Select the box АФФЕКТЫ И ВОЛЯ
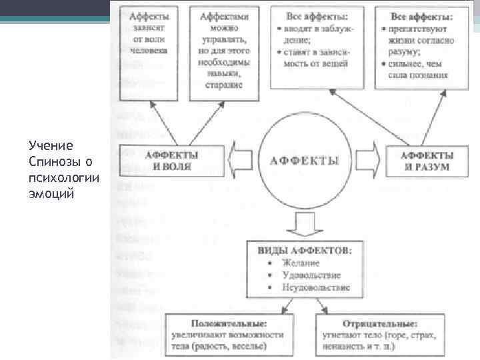pos(171,160)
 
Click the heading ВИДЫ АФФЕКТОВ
pos(305,250)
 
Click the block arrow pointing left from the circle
pos(241,160)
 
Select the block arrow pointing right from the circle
pos(367,160)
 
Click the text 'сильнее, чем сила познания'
pos(418,69)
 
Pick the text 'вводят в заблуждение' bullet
pos(316,33)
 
